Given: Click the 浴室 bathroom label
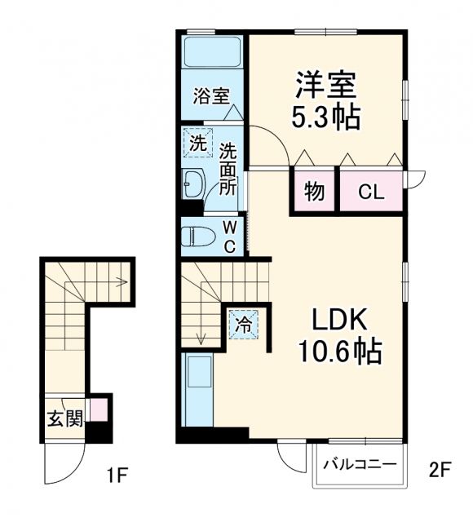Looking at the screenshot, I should click(211, 96).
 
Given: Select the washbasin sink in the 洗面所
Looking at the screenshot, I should click(193, 184).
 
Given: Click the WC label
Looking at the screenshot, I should click(229, 236).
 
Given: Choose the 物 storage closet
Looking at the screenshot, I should click(314, 192).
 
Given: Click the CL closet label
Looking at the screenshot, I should click(371, 193).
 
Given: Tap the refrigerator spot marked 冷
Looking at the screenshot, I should click(244, 324).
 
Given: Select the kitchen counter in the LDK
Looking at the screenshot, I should click(199, 390).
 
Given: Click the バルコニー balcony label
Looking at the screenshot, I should click(360, 465).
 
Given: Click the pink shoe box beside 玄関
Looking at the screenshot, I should click(99, 407).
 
